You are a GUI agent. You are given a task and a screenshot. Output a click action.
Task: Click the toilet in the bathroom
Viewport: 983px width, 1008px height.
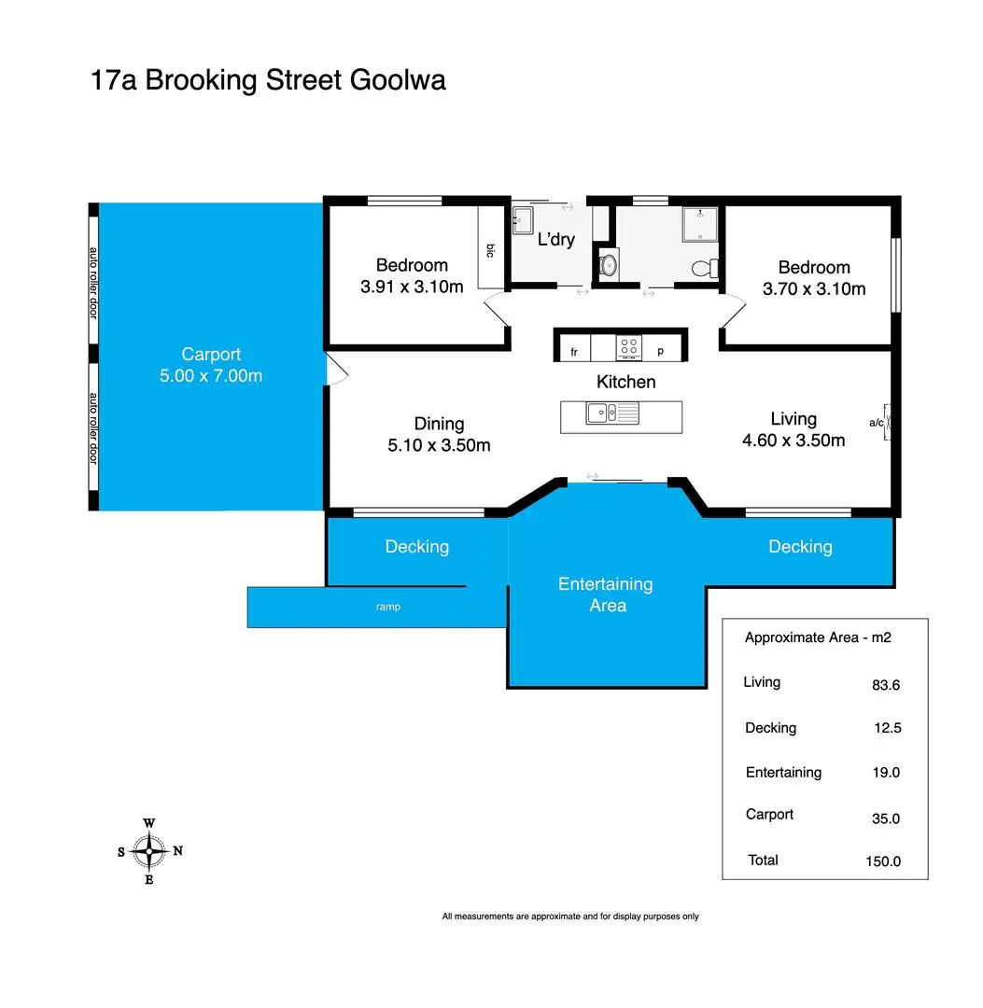tap(705, 268)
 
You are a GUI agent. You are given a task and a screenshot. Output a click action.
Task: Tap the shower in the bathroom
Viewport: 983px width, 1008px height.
tap(700, 224)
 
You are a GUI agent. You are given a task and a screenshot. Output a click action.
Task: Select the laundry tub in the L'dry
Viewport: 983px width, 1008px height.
tap(523, 220)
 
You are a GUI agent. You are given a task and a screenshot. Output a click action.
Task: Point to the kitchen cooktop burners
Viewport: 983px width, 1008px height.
tap(629, 348)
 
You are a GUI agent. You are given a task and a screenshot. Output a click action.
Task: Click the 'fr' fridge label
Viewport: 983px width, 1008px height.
tap(574, 352)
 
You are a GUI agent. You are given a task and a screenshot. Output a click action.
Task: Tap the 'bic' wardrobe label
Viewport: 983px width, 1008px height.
tap(490, 251)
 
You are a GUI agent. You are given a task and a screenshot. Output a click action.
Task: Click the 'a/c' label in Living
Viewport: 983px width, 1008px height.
tap(877, 423)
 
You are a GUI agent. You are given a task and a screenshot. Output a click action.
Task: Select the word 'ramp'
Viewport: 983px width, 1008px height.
tap(388, 607)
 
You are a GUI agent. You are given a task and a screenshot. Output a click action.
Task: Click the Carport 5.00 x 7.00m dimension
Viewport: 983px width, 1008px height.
tap(211, 375)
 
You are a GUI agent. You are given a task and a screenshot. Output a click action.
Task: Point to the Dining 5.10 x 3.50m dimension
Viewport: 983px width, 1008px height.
tap(439, 445)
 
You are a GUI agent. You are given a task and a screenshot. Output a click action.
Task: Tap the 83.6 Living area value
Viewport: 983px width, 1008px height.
tap(886, 685)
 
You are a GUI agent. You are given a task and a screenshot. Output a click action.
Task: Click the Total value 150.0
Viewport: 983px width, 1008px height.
tap(883, 861)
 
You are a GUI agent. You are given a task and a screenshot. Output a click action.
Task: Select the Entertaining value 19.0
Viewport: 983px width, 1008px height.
tap(886, 773)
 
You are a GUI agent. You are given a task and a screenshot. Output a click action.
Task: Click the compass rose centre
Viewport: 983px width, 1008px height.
tap(149, 851)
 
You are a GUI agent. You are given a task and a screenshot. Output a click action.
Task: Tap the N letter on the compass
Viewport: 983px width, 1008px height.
tap(178, 850)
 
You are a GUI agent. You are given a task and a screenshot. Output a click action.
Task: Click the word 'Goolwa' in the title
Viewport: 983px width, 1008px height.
tap(398, 80)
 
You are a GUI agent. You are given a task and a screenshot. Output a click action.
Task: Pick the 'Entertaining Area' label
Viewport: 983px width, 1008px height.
tap(606, 595)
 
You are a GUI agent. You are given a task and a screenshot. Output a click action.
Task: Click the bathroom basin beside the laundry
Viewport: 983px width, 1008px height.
tap(608, 264)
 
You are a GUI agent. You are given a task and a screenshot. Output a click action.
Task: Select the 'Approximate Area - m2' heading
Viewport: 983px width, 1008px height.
tap(818, 637)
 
